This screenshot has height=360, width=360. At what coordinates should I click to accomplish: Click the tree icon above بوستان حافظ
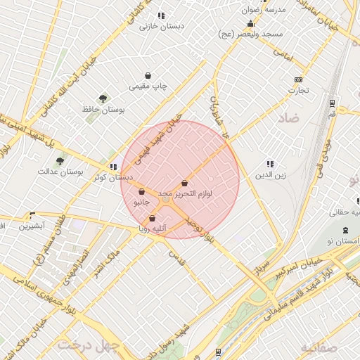[x=103, y=98]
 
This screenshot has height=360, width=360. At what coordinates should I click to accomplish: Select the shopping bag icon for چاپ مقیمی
[x=148, y=75]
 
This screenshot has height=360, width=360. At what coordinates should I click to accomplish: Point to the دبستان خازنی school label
[x=161, y=26]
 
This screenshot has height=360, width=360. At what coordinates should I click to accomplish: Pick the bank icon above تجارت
[x=298, y=79]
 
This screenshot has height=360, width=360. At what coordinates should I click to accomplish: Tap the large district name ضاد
[x=288, y=117]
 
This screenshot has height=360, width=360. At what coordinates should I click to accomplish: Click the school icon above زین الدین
[x=270, y=164]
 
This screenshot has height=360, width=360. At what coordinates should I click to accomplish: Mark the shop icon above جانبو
[x=141, y=191]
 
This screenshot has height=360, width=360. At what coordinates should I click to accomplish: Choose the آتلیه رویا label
[x=152, y=229]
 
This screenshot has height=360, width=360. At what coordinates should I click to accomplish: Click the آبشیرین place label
[x=32, y=226]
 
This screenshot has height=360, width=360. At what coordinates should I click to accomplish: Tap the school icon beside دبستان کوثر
[x=114, y=167]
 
